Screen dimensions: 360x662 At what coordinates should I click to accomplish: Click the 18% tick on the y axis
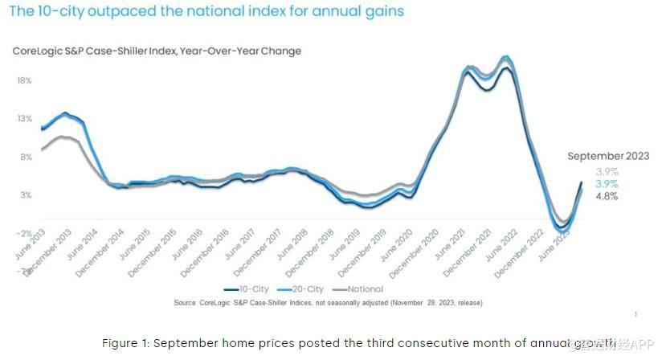pyautogui.click(x=24, y=80)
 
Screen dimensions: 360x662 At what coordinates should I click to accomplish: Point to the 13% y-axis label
pyautogui.click(x=24, y=119)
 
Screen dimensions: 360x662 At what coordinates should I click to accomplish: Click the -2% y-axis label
pyautogui.click(x=24, y=233)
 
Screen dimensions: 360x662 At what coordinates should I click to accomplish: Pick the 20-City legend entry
pyautogui.click(x=301, y=289)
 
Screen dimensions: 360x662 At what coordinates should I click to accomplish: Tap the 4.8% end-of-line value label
pyautogui.click(x=607, y=196)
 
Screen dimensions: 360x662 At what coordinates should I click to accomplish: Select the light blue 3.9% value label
pyautogui.click(x=607, y=184)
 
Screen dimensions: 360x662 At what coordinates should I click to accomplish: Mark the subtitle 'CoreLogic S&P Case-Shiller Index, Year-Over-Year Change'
pyautogui.click(x=157, y=51)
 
